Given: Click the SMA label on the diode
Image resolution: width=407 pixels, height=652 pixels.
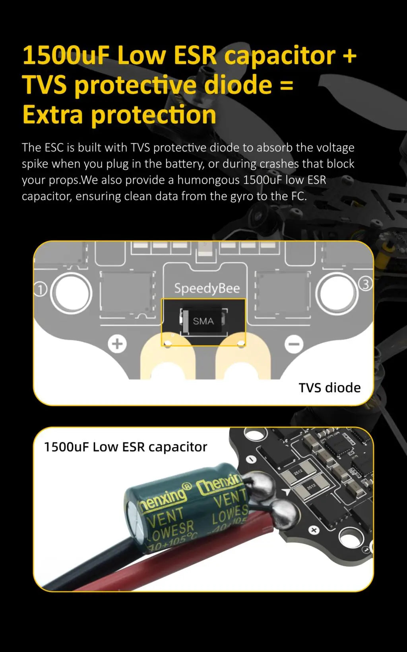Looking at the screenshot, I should (x=203, y=321).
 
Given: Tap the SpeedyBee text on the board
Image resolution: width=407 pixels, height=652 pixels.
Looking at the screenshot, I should (x=207, y=288).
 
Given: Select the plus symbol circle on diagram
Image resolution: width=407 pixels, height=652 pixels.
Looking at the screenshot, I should (x=117, y=344).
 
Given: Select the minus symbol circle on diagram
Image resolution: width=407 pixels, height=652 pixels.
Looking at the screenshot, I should (x=294, y=344).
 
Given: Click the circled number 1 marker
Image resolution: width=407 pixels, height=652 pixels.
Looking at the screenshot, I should (x=40, y=289).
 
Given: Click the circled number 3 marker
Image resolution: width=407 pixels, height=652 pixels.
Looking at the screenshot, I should (x=365, y=284).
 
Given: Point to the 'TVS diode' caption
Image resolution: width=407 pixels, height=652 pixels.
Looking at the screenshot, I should (x=329, y=388).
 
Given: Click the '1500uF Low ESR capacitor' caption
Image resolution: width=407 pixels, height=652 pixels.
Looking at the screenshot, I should (x=126, y=447).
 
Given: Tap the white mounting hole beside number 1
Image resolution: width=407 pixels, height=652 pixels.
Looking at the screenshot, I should (x=72, y=293).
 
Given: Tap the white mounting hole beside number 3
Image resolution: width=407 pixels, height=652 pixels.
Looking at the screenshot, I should (x=337, y=293).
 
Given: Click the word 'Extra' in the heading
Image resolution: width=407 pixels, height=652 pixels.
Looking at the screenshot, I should (x=53, y=115).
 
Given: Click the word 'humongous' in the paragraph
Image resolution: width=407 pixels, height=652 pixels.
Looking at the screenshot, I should (x=208, y=180).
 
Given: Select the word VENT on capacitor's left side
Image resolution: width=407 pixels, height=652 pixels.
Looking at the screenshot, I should (x=165, y=517).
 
